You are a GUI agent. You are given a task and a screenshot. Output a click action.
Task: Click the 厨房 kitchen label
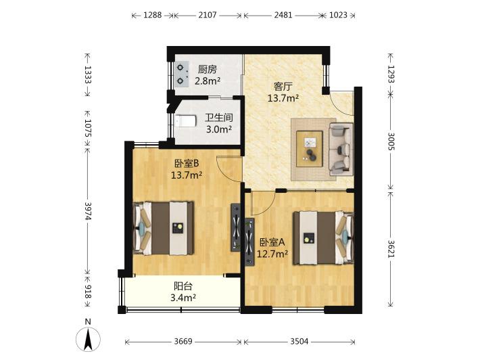208,70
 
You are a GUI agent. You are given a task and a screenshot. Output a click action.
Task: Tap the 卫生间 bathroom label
219,118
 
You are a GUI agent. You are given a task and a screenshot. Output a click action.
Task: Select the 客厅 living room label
283,87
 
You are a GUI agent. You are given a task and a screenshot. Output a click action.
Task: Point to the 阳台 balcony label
183,286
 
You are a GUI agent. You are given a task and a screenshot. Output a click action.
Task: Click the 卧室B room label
187,164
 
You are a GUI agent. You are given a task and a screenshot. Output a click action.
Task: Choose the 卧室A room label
272,242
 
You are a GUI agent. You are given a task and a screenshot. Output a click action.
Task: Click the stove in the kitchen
182,74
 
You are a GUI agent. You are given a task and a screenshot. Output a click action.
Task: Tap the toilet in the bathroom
185,120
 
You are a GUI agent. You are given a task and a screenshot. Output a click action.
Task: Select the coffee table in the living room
310,149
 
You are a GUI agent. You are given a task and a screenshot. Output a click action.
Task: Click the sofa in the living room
341,149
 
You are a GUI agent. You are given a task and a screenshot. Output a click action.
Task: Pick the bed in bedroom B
164,228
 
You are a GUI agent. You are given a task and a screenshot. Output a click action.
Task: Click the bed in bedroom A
324,238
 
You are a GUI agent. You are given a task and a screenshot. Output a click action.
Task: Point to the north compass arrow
88,339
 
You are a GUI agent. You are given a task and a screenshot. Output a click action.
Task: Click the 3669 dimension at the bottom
183,341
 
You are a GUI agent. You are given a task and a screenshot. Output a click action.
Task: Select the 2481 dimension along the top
283,15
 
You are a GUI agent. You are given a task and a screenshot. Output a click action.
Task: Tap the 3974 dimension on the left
88,211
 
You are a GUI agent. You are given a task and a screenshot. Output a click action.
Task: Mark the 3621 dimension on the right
391,249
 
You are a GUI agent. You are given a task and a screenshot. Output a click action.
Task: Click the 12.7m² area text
272,254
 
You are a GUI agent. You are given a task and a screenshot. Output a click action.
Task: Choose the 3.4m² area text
183,298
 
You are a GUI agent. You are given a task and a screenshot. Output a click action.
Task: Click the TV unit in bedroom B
235,227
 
